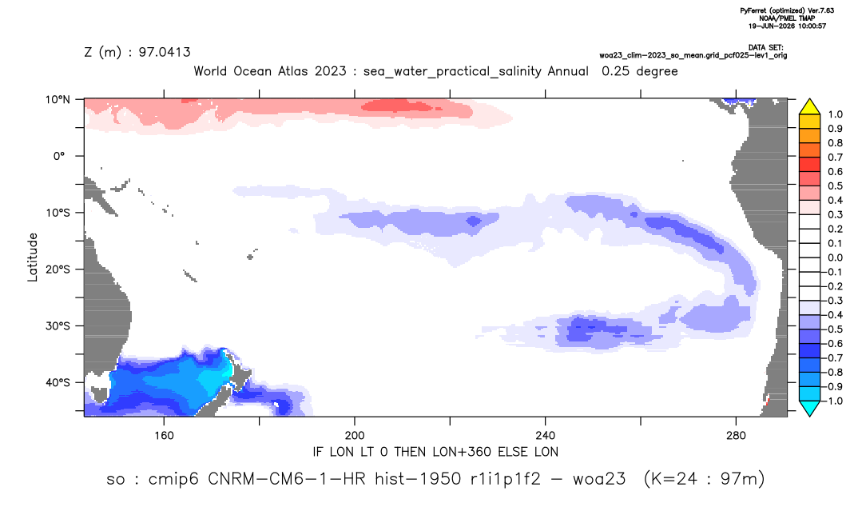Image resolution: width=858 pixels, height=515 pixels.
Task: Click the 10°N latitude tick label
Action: pyautogui.click(x=58, y=99)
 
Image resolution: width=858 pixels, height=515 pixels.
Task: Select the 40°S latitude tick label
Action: pyautogui.click(x=58, y=382)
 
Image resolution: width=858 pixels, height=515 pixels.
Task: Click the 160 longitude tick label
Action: pyautogui.click(x=164, y=436)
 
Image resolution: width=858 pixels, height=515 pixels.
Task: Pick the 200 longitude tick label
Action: pyautogui.click(x=355, y=436)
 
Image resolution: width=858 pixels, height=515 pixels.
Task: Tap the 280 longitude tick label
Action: pyautogui.click(x=736, y=436)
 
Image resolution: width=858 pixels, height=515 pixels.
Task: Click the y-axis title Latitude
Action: pyautogui.click(x=33, y=257)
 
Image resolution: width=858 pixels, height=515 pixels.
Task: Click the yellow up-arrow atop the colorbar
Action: pyautogui.click(x=809, y=106)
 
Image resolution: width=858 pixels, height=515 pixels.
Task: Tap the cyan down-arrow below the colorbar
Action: pyautogui.click(x=809, y=409)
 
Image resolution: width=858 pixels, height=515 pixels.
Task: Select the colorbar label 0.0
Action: pyautogui.click(x=835, y=257)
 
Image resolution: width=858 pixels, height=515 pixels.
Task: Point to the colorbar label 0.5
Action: pyautogui.click(x=835, y=186)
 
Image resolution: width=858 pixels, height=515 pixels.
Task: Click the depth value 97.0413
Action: pyautogui.click(x=164, y=52)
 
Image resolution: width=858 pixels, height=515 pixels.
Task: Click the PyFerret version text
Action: pyautogui.click(x=787, y=10)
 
